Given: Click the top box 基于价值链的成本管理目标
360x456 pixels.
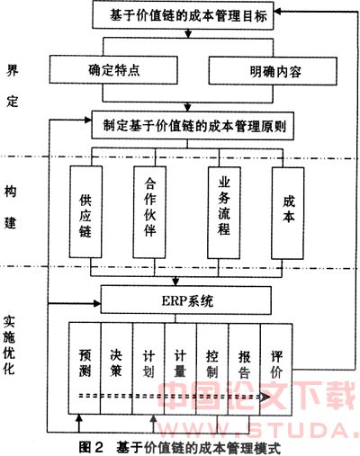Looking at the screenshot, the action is (x=183, y=15).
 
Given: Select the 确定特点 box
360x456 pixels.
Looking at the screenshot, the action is (x=113, y=69).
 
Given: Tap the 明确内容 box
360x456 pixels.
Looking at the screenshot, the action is (x=273, y=71).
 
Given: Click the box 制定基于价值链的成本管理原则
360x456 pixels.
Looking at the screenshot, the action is (x=193, y=126).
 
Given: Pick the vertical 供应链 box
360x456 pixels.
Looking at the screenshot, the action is (x=85, y=211).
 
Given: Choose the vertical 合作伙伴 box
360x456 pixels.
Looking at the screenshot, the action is (x=149, y=212).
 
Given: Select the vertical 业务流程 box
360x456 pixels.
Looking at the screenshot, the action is (x=224, y=212).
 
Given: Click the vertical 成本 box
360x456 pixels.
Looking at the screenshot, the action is (x=288, y=213).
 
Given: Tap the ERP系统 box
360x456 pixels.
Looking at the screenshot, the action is (x=186, y=300).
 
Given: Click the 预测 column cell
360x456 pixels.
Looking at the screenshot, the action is (x=85, y=368).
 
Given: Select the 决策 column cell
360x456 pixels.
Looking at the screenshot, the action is (x=117, y=369).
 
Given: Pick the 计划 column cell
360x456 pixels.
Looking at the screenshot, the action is (x=148, y=369).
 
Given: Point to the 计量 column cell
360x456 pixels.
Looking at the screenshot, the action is (x=180, y=369).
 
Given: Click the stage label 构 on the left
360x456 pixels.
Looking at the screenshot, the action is (x=10, y=192).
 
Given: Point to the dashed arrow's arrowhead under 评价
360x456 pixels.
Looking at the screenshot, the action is (x=265, y=397).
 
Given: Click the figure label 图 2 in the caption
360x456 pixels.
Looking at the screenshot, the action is (x=91, y=448).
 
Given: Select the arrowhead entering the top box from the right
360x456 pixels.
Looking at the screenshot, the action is (x=277, y=12).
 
